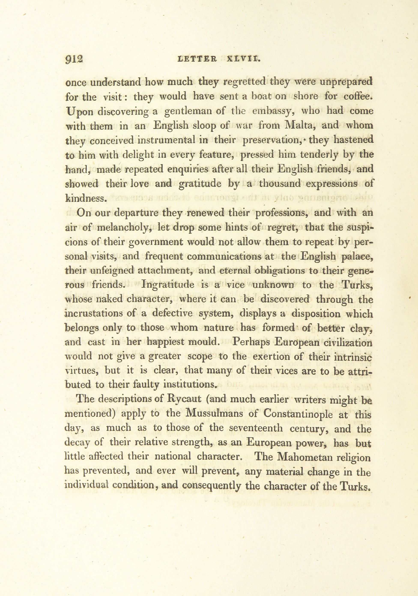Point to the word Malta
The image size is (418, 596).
click(299, 126)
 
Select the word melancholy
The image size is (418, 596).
click(123, 228)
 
